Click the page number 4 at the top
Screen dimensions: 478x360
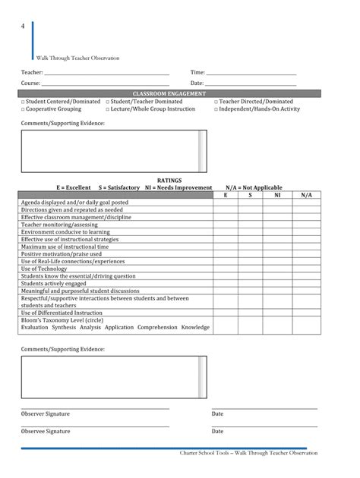coord(23,27)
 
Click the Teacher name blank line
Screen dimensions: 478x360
coord(106,74)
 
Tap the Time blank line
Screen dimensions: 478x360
coord(251,74)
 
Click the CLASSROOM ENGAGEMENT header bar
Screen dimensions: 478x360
coord(170,93)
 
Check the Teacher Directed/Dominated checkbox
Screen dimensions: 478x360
coord(216,102)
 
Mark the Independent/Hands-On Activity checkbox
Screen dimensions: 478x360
coord(216,109)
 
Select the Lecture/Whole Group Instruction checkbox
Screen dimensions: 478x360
coord(108,109)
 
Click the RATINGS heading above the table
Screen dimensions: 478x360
coord(169,181)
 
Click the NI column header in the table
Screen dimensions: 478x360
coord(277,195)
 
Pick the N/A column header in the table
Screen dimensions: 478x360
coord(306,195)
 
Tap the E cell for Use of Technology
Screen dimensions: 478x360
coord(225,269)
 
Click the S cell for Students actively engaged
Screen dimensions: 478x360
coord(250,283)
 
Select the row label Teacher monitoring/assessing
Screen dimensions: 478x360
coord(59,225)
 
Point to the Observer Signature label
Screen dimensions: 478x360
coord(46,414)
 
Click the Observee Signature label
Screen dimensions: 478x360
coord(46,431)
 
